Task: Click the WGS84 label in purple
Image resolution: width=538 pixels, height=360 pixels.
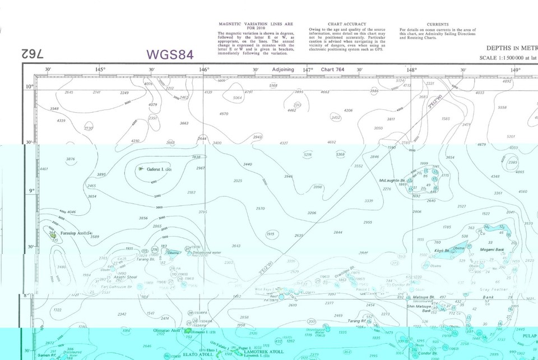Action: [170, 54]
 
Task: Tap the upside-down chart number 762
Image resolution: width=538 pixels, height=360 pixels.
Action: [33, 54]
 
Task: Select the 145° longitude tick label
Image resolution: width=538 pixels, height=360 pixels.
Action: [100, 70]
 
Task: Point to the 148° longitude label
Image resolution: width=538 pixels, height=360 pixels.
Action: [411, 70]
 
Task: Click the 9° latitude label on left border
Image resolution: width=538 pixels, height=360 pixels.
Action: [32, 191]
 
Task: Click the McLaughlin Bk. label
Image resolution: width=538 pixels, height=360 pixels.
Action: [392, 180]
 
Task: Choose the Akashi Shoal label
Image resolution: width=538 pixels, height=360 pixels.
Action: [126, 277]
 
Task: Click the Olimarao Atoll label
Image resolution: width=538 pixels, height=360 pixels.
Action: [166, 330]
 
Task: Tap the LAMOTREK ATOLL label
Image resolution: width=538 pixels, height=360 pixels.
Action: [263, 352]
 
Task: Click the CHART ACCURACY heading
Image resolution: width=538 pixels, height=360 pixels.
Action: [347, 24]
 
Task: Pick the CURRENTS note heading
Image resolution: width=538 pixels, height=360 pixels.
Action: [437, 24]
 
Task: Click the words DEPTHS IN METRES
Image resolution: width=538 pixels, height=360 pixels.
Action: [511, 49]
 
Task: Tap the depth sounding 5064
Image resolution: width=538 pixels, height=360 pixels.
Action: [237, 98]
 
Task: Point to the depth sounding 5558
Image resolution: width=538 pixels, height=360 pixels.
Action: [502, 107]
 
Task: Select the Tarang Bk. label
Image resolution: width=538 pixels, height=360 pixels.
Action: [146, 259]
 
